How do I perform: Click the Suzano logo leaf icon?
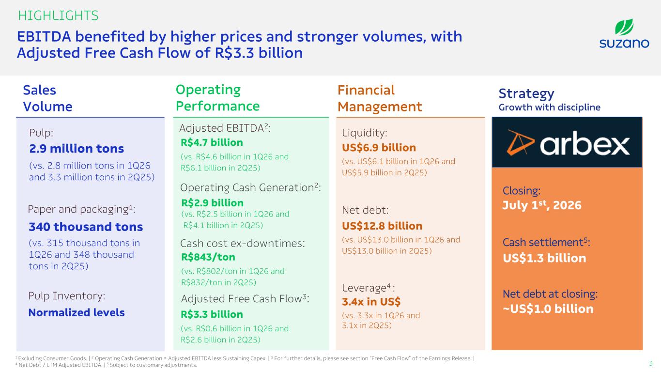coord(624,27)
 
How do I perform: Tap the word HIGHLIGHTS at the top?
coord(58,15)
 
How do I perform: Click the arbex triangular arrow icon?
coord(520,142)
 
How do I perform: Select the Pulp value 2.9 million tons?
coord(77,149)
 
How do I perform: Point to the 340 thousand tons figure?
coord(86,227)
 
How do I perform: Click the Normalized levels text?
coord(77,312)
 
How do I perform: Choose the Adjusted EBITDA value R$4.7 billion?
coord(212,142)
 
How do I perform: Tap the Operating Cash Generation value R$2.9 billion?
coord(213,203)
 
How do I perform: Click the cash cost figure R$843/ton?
coord(208,257)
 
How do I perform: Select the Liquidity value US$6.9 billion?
coord(379,148)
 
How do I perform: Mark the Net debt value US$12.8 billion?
coord(382,226)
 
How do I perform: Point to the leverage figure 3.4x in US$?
coord(371,302)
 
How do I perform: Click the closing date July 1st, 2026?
coord(542,205)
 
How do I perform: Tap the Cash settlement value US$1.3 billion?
coord(544,258)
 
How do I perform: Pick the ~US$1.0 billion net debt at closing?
coord(548,309)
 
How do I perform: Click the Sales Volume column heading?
coord(47,98)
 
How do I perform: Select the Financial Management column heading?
coord(380,98)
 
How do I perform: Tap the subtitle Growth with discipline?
coord(550,107)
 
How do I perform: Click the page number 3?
coord(651,363)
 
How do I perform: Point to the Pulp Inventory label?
coord(67,296)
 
